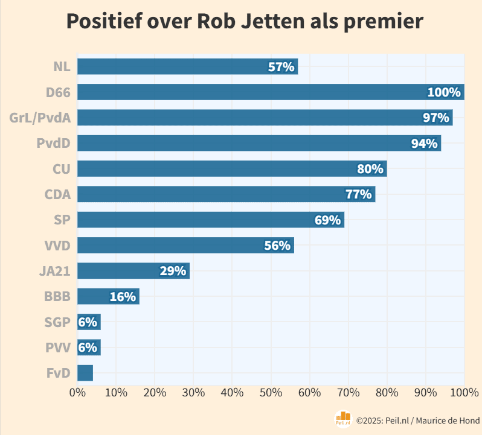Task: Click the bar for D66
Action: click(x=271, y=92)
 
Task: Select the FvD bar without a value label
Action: click(x=85, y=373)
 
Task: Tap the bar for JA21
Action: click(x=133, y=271)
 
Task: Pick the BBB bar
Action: click(x=108, y=296)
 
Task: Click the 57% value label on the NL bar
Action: click(x=281, y=67)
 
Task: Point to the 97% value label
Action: click(x=435, y=118)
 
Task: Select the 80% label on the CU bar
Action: click(x=370, y=169)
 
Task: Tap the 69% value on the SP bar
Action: click(x=327, y=220)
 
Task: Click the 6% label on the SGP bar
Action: click(x=88, y=322)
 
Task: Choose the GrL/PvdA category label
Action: click(x=40, y=118)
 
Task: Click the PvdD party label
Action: click(x=53, y=144)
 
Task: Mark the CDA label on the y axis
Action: click(x=57, y=194)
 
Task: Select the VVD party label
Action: click(x=57, y=246)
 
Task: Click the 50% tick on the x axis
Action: click(x=271, y=392)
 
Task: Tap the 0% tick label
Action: click(x=77, y=392)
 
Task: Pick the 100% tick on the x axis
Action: click(x=464, y=392)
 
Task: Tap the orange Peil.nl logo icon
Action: click(x=343, y=419)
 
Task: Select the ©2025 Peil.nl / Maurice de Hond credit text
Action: click(x=417, y=420)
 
